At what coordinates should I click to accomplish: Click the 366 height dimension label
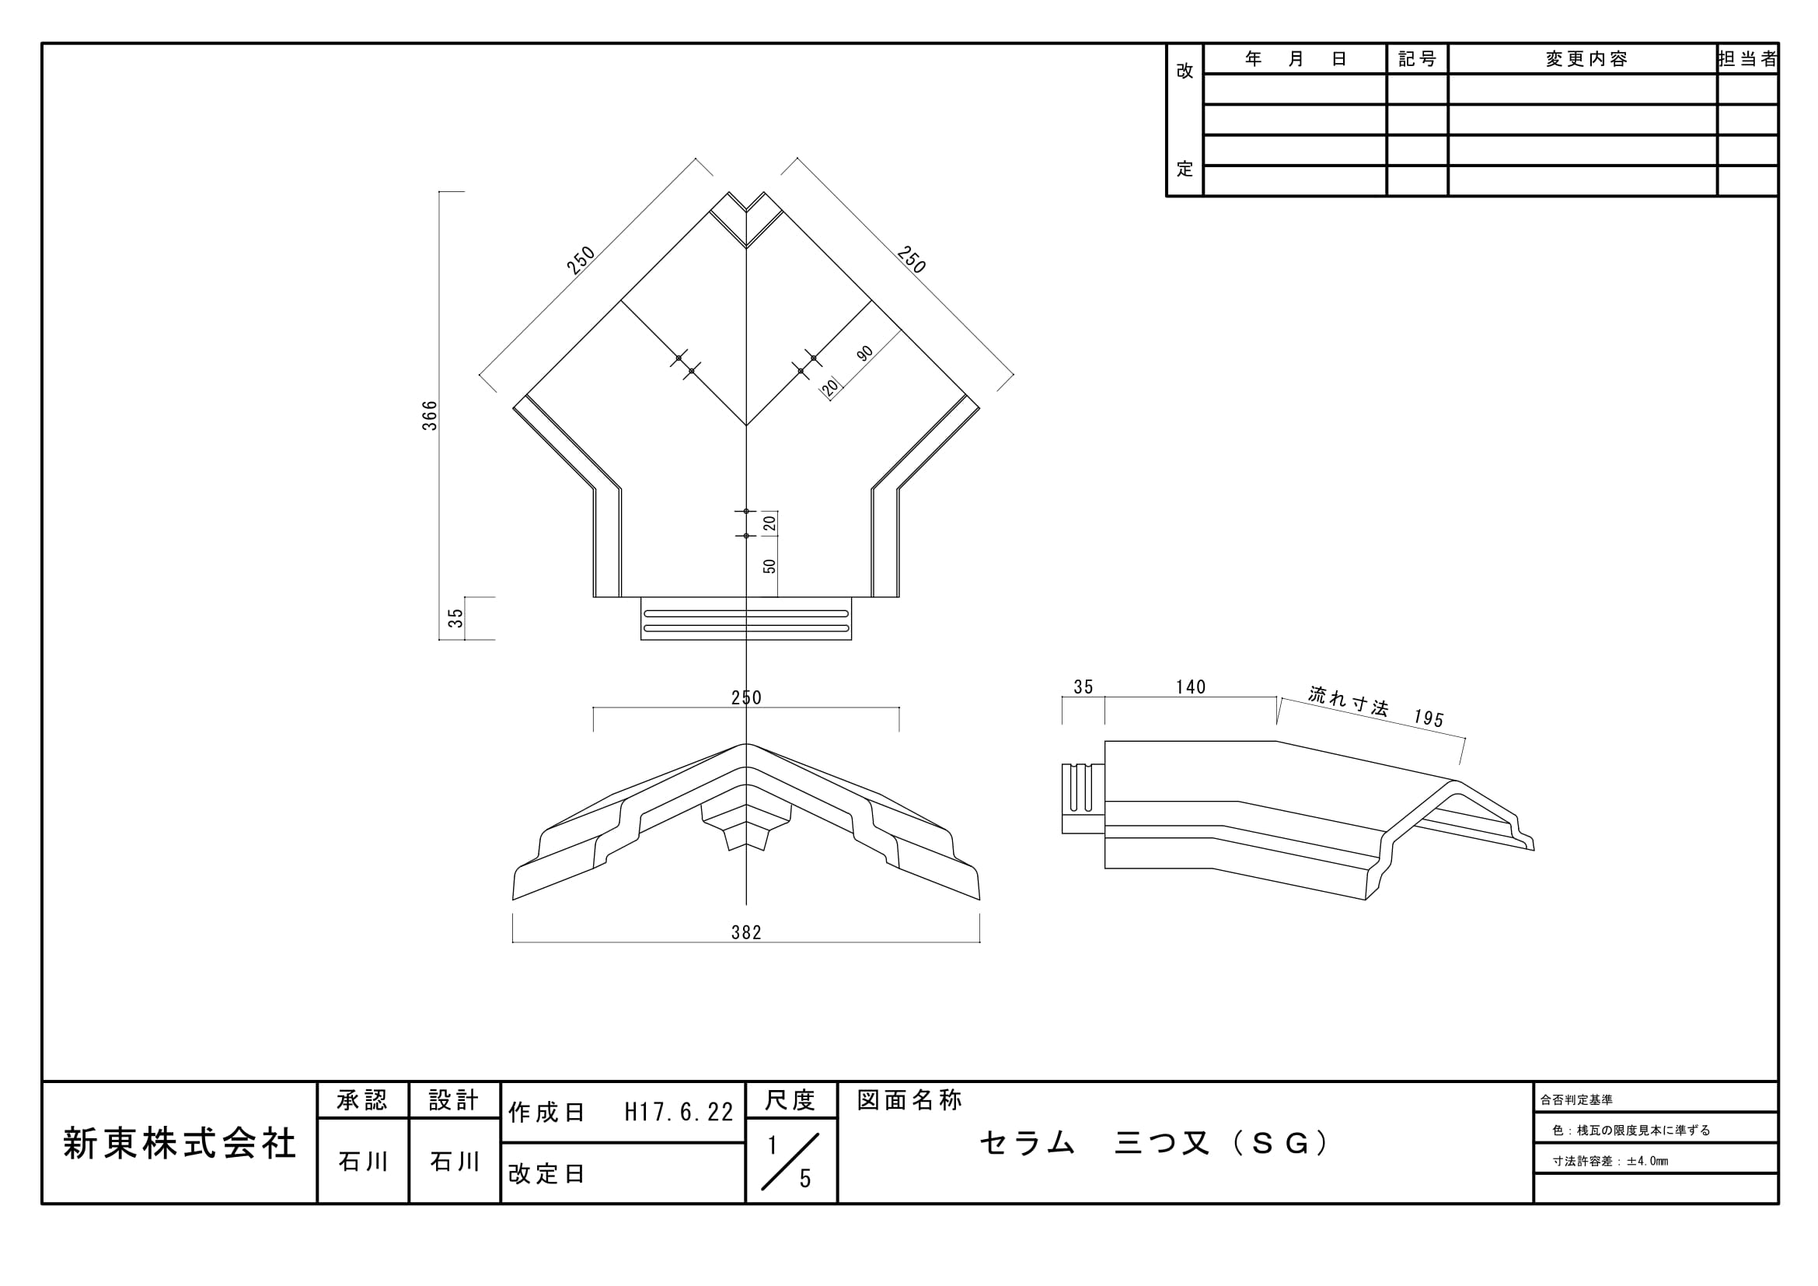coord(429,416)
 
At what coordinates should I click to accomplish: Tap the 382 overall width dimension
coord(746,933)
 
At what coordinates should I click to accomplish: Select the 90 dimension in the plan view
coord(864,353)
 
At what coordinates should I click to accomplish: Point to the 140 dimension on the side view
coord(1190,687)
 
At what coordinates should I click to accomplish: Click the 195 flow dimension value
coord(1429,718)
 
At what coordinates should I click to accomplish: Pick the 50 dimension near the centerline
coord(769,566)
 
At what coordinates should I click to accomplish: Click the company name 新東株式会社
coord(180,1144)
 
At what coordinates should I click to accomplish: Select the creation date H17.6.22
coord(679,1113)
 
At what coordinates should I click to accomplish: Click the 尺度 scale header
coord(790,1100)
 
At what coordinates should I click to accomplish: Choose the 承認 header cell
coord(363,1100)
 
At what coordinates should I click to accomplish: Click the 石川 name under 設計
coord(455,1162)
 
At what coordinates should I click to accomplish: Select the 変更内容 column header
coord(1586,59)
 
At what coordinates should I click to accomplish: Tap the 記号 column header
coord(1418,59)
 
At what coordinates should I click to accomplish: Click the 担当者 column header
coord(1748,59)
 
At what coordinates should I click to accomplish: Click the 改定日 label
coord(546,1173)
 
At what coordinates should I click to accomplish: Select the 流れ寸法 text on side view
coord(1348,701)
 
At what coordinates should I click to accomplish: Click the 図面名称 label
coord(910,1100)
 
